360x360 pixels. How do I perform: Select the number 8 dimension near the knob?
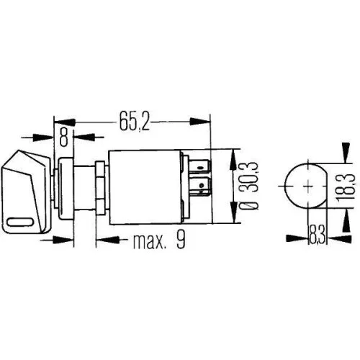coord(65,134)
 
